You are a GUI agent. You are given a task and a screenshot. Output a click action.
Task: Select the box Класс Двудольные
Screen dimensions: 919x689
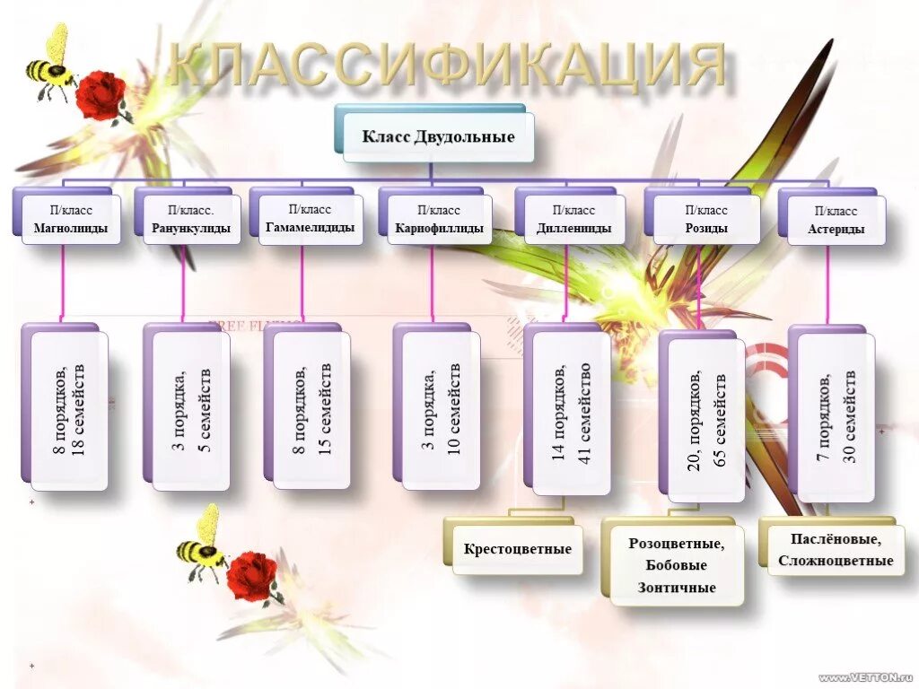coord(438,137)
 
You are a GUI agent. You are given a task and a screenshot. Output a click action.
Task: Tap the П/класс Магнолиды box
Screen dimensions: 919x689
coord(71,220)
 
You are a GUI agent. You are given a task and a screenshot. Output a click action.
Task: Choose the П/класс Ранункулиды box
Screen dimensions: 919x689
coord(190,220)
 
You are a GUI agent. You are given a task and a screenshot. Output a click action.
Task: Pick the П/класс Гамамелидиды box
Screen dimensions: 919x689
coord(310,219)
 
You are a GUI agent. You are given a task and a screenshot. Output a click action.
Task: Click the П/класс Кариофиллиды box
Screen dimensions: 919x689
coord(439,220)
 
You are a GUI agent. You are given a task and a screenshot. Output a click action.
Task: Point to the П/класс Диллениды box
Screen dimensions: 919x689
coord(573,220)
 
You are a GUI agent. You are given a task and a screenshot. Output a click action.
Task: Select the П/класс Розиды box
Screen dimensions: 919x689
coord(705,220)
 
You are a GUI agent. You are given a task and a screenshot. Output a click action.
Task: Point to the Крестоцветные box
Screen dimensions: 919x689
coord(517,548)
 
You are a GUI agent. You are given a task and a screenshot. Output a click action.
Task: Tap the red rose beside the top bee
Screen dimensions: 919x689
coord(101,96)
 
